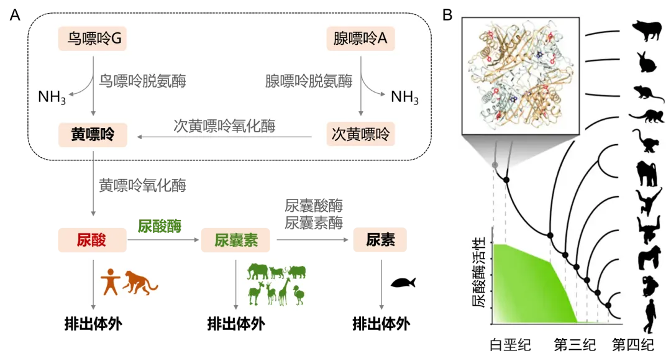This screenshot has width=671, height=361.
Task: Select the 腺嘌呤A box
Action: [x=360, y=39]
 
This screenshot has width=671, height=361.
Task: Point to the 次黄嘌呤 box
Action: [x=360, y=134]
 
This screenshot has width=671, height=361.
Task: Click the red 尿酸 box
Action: [x=91, y=240]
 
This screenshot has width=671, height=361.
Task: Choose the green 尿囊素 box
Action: [x=235, y=240]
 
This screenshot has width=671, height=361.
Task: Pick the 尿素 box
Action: [x=380, y=240]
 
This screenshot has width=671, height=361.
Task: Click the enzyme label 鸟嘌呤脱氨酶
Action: [x=142, y=81]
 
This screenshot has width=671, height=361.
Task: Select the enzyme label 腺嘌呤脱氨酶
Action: [x=308, y=81]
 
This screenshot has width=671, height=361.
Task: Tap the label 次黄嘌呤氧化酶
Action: [x=224, y=126]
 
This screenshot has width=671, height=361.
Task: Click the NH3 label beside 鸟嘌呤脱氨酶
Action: [x=52, y=98]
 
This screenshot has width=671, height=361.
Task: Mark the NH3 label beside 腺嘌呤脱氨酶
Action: [x=404, y=98]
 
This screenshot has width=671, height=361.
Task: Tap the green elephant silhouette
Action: [x=257, y=272]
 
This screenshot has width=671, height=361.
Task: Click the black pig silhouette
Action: [x=647, y=30]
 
